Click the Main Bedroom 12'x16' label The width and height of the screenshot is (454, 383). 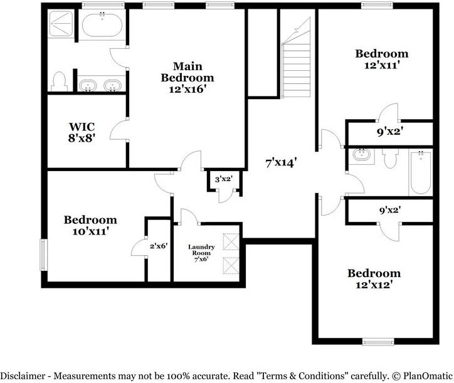[x=187, y=78]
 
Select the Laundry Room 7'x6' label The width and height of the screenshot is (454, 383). [x=201, y=252]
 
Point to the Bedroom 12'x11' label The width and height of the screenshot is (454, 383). [x=381, y=59]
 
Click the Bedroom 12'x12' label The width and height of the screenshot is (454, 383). [x=374, y=279]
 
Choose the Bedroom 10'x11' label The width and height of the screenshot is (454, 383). [x=90, y=225]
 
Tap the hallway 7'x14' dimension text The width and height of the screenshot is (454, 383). [x=280, y=163]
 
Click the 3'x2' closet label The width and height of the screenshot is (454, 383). [x=224, y=179]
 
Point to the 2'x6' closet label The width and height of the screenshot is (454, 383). [x=158, y=246]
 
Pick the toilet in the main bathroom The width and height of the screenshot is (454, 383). [x=60, y=81]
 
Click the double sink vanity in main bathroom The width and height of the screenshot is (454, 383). [x=101, y=85]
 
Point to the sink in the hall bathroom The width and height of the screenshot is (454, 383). [x=361, y=155]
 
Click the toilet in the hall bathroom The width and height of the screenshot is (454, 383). [x=390, y=159]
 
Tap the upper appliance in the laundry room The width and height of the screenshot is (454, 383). [x=231, y=242]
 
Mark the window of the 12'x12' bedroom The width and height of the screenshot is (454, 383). [x=378, y=342]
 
